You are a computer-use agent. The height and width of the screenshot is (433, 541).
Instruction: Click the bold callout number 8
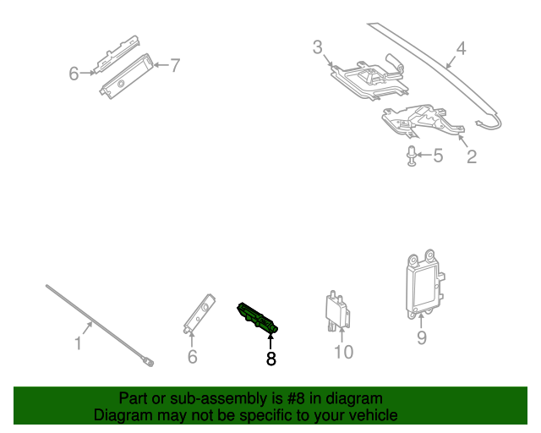[270, 359]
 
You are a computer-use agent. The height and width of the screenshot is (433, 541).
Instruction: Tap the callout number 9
[421, 338]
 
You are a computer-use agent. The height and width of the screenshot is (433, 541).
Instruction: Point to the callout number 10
[343, 351]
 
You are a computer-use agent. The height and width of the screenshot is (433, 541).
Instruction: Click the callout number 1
[78, 343]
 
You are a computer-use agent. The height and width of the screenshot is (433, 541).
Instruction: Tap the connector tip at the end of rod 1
[149, 361]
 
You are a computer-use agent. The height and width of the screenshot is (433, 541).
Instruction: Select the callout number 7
[175, 65]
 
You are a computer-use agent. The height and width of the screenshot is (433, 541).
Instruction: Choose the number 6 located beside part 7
[74, 74]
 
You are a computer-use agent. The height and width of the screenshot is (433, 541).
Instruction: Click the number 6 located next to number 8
[192, 357]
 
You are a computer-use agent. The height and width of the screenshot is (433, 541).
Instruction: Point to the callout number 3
[317, 47]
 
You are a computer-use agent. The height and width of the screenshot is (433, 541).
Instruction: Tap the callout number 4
[461, 49]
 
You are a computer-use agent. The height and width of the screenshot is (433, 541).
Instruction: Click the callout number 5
[437, 156]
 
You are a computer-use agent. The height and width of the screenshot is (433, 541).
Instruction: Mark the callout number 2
[472, 156]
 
